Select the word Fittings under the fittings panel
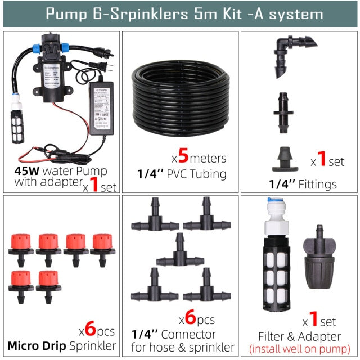(315, 184)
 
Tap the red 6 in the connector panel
(191, 319)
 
